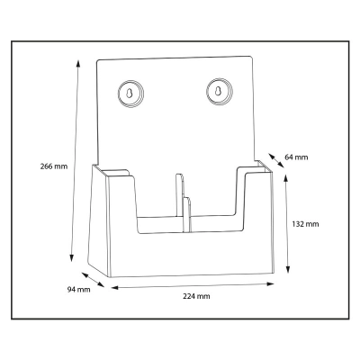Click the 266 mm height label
[54, 166]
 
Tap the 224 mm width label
[196, 296]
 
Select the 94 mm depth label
[78, 290]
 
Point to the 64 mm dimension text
[296, 157]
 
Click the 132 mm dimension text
[306, 224]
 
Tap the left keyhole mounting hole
[130, 93]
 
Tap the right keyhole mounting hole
[219, 92]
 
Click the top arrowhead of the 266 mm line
[78, 64]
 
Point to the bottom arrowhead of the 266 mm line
[72, 257]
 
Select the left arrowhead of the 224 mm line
[115, 288]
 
